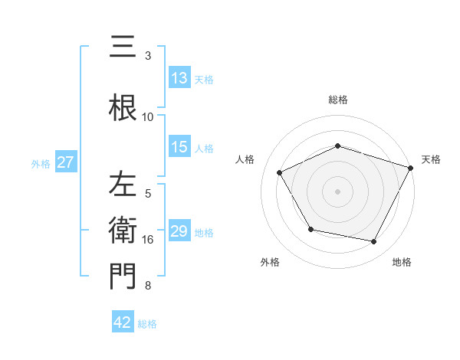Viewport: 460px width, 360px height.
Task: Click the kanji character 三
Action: [x=123, y=47]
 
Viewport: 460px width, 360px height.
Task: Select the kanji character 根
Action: [x=123, y=105]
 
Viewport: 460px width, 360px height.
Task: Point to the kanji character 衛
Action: [x=123, y=231]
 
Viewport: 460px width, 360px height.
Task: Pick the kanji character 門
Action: [x=123, y=277]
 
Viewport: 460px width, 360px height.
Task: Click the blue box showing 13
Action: [x=179, y=78]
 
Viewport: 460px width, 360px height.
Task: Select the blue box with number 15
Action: [x=179, y=147]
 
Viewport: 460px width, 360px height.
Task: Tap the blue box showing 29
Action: [x=179, y=231]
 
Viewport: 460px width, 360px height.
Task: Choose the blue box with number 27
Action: [x=65, y=162]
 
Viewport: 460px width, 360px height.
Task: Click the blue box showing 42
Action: [x=123, y=323]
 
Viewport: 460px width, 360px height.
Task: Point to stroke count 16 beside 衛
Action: [x=148, y=240]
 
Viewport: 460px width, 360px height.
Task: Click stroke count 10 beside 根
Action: [x=148, y=116]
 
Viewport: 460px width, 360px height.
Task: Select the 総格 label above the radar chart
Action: [x=338, y=100]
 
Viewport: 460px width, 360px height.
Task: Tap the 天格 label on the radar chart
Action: [x=431, y=159]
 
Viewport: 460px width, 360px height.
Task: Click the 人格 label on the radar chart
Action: [x=245, y=159]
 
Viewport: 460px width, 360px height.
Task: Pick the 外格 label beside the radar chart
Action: [x=270, y=262]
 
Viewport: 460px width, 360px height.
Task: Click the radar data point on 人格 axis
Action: [x=280, y=173]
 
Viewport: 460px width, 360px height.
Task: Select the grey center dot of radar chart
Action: [x=338, y=191]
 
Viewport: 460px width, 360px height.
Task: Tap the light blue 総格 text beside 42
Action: [x=147, y=324]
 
